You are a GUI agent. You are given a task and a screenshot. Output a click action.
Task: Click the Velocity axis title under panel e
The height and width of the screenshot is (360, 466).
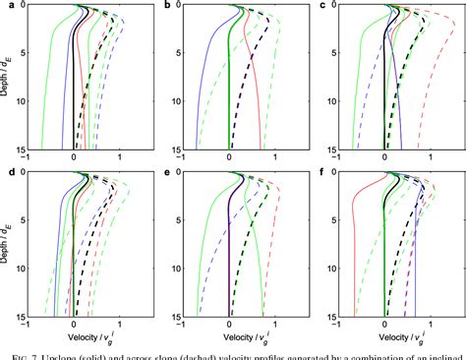232,336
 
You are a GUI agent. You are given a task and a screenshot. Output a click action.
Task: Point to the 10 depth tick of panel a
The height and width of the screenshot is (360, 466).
22,101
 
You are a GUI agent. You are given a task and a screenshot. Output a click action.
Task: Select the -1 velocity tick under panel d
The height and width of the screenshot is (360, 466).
29,326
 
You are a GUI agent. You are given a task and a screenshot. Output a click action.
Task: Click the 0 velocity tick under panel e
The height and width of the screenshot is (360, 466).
230,326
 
